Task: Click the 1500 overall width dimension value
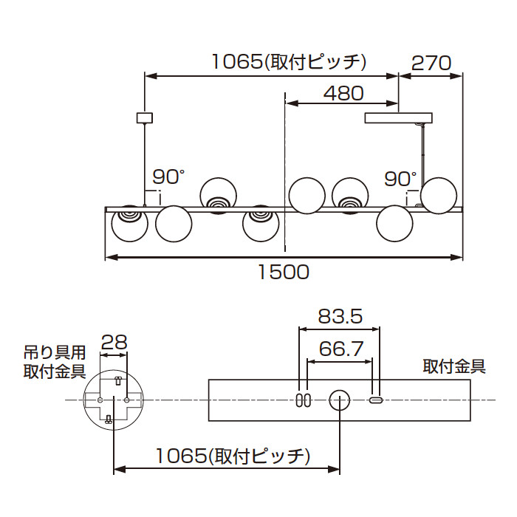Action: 283,272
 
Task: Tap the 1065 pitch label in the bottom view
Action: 231,456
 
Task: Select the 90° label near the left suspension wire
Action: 168,177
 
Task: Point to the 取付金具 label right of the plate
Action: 453,366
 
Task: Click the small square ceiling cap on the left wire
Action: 145,117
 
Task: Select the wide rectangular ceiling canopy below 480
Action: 400,117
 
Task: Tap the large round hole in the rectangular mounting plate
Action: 339,400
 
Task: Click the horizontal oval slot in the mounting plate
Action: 376,400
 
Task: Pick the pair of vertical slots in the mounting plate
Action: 303,400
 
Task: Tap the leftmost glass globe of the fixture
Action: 129,223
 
